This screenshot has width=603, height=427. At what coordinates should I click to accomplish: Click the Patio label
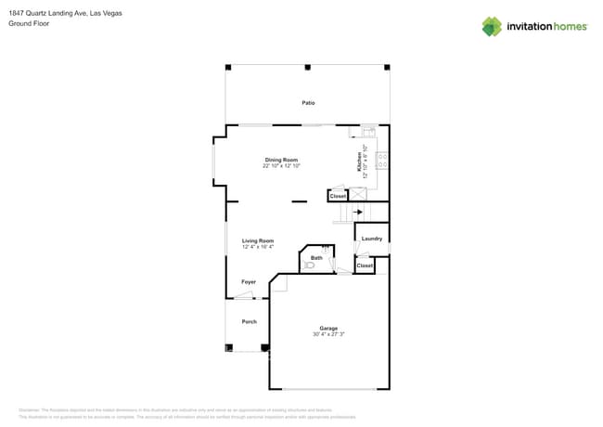[307, 103]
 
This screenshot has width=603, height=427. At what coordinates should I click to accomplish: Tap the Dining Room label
[280, 160]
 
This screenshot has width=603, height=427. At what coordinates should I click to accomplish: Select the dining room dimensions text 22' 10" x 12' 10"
[280, 165]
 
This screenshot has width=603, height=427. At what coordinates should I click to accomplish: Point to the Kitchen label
[359, 162]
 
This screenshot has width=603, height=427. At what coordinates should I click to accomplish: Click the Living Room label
[257, 240]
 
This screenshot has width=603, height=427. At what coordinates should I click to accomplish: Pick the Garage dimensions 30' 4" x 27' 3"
[328, 333]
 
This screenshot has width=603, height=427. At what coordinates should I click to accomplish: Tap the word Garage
[328, 328]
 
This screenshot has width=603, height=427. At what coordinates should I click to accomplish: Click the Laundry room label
[371, 239]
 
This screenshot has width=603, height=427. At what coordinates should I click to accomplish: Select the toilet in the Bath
[310, 265]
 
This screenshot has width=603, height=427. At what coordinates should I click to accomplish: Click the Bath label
[316, 258]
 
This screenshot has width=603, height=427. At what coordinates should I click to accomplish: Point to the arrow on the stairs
[358, 212]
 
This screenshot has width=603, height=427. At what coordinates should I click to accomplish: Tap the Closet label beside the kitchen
[338, 196]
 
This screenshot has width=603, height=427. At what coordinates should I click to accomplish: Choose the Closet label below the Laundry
[365, 265]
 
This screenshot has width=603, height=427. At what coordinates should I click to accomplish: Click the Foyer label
[249, 281]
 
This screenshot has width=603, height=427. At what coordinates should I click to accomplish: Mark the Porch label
[249, 321]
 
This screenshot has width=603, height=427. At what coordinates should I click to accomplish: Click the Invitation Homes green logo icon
[492, 26]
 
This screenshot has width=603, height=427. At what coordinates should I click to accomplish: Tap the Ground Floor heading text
[29, 24]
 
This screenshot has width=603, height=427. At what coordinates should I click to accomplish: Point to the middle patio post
[307, 67]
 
